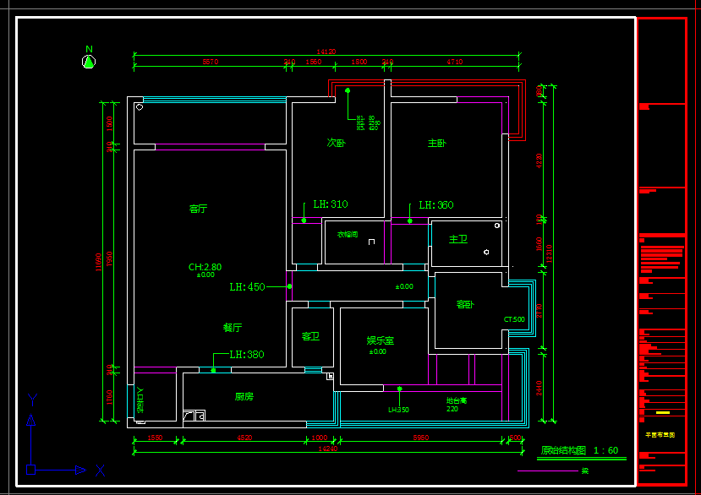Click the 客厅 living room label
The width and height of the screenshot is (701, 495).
[x=198, y=209]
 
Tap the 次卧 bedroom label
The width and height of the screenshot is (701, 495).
[x=336, y=143]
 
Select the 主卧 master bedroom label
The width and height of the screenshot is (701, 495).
[x=436, y=144]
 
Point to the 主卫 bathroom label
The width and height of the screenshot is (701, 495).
[x=457, y=239]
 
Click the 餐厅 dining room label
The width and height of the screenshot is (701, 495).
[x=233, y=328]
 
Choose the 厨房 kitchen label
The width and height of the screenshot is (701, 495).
[x=244, y=396]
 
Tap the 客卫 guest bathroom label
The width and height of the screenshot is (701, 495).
[x=310, y=336]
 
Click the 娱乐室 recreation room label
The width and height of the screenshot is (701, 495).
[x=380, y=340]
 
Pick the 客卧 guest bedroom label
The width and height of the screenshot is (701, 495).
[x=465, y=304]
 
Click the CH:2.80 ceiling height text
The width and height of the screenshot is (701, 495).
[x=205, y=267]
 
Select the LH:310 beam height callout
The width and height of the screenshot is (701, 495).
[x=330, y=204]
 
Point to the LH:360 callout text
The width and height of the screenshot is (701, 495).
[x=436, y=205]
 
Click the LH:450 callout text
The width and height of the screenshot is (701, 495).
[x=247, y=287]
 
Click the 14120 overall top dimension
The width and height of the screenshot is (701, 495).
[x=326, y=52]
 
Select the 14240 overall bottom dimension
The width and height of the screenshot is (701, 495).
[x=327, y=449]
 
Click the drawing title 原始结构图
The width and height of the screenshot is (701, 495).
[x=563, y=450]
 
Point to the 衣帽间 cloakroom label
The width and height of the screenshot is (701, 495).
[x=348, y=234]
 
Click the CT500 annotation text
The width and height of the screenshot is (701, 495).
[x=514, y=320]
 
